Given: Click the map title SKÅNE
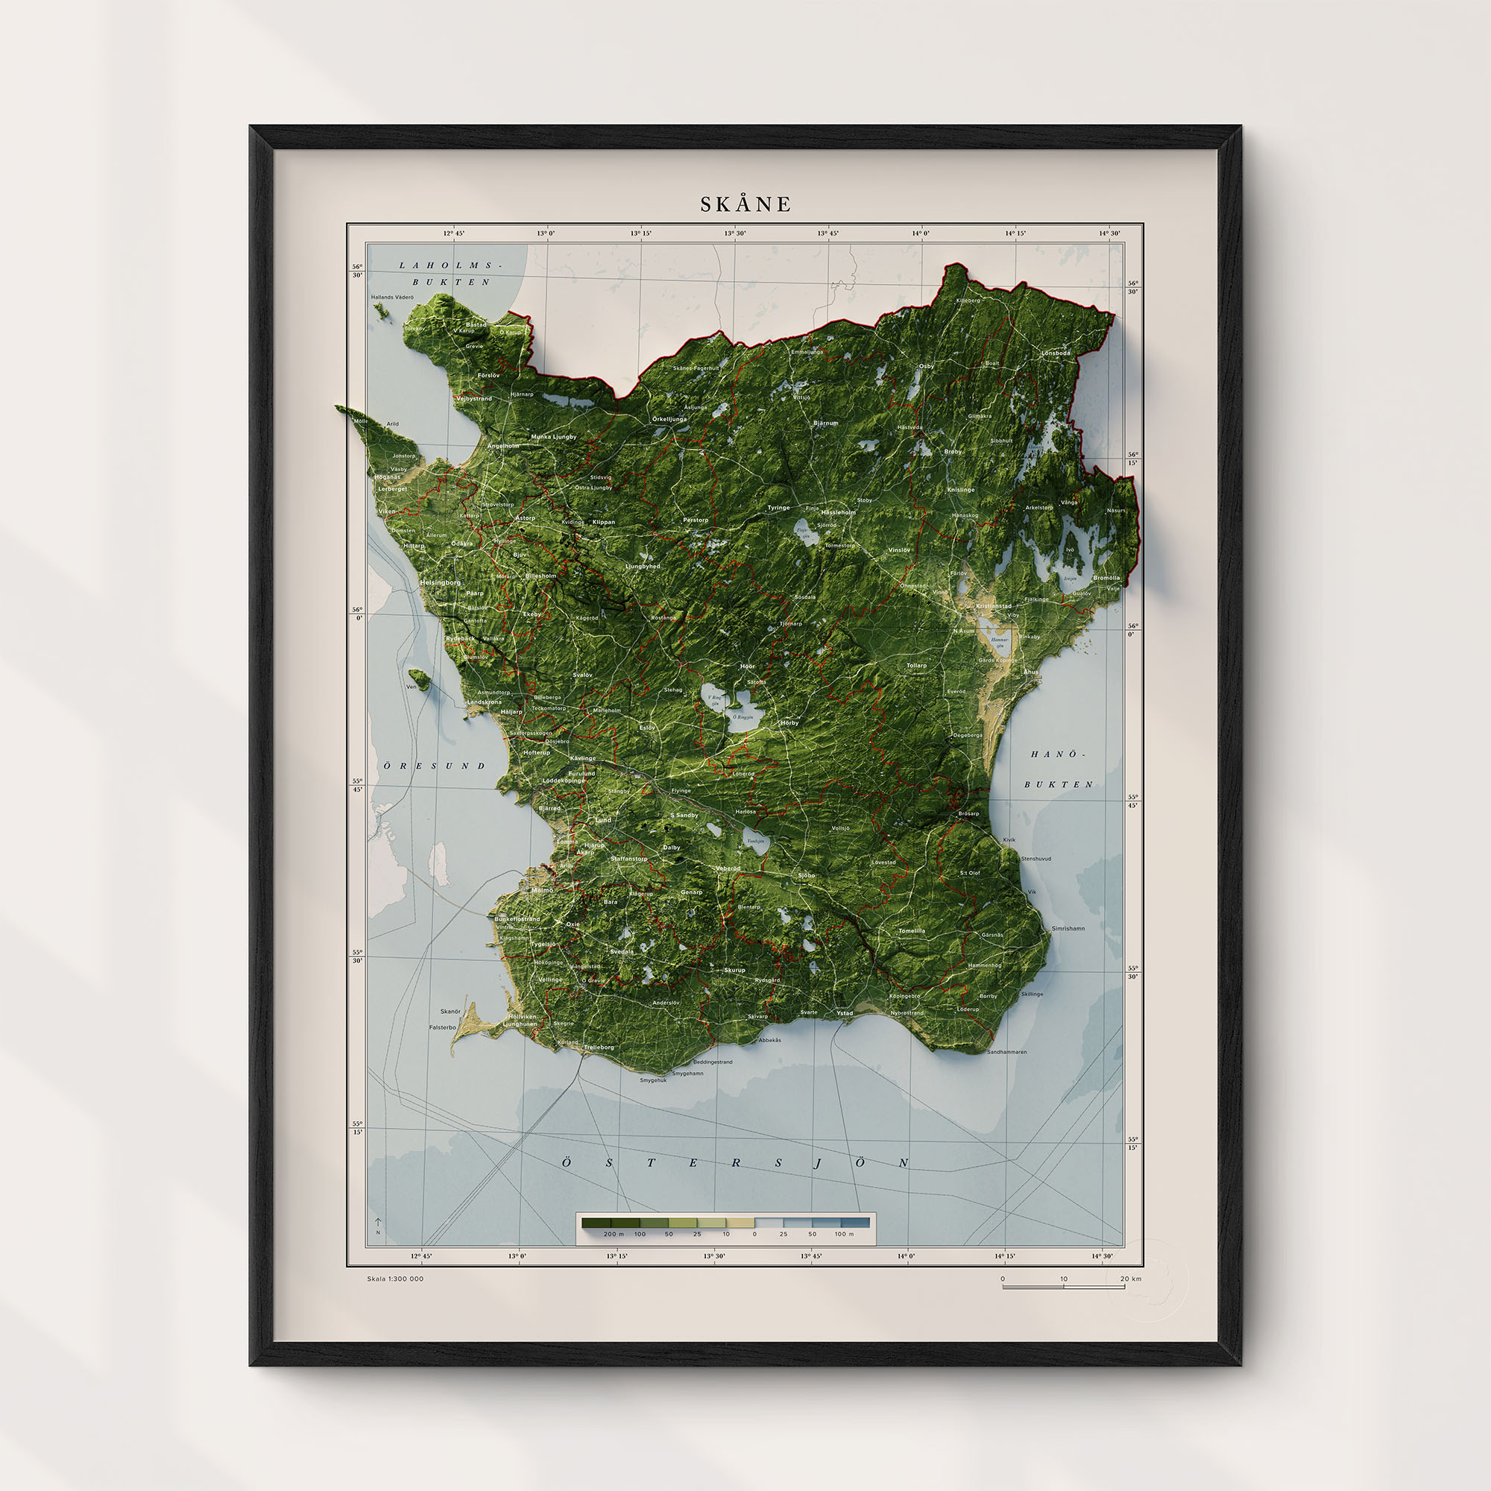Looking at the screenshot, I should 745,204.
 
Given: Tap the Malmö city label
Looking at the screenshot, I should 542,890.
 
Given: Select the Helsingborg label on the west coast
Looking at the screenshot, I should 440,583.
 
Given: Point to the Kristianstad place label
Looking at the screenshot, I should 993,606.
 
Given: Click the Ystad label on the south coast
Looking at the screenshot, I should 845,1012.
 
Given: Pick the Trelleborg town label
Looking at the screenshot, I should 599,1047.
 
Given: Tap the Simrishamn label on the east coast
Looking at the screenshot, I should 1068,928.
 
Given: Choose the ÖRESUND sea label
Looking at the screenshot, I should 435,766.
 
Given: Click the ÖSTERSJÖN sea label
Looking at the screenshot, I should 735,1163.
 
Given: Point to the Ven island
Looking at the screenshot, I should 420,678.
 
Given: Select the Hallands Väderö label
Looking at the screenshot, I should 392,297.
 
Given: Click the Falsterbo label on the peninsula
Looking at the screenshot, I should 443,1027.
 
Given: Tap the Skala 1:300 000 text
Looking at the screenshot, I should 395,1279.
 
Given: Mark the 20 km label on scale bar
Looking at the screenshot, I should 1131,1279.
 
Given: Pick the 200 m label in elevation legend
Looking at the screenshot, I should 614,1234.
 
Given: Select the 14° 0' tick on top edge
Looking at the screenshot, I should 921,233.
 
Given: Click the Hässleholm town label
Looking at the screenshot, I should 838,512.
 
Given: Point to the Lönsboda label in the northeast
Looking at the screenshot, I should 1056,353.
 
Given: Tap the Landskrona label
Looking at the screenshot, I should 484,702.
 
